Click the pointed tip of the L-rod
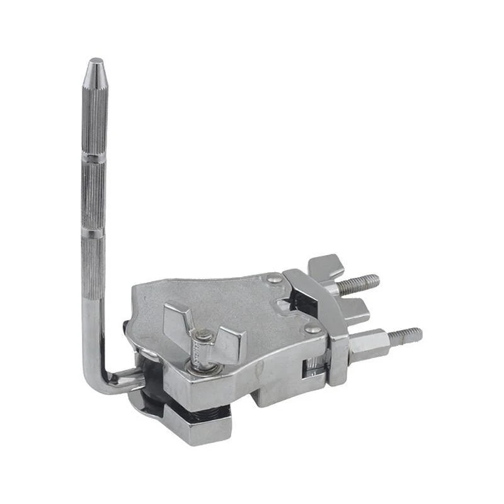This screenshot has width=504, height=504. pyautogui.click(x=95, y=62)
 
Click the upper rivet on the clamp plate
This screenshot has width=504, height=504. pyautogui.click(x=273, y=278)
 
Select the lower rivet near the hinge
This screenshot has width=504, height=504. pyautogui.click(x=311, y=329)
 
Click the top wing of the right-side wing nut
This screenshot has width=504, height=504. pyautogui.click(x=324, y=265)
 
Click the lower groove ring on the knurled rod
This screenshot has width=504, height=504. pyautogui.click(x=93, y=234)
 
